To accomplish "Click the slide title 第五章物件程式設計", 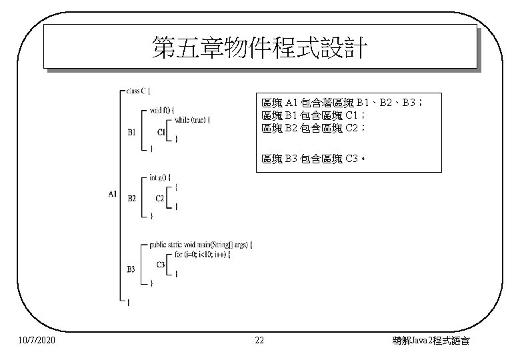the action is [x=259, y=47].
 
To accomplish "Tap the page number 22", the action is [x=260, y=341].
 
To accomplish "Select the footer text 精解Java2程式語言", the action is [x=431, y=341].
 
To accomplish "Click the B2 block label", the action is [x=131, y=199].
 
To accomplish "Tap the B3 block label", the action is [x=131, y=269].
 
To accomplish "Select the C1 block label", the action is [x=161, y=132].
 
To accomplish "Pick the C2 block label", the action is [x=160, y=199].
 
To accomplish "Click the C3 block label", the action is [x=161, y=265].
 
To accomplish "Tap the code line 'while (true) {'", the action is [x=193, y=120].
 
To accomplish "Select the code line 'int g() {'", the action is [x=160, y=177].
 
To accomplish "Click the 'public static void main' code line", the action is [x=201, y=245].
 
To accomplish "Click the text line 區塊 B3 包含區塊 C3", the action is [x=313, y=159].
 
